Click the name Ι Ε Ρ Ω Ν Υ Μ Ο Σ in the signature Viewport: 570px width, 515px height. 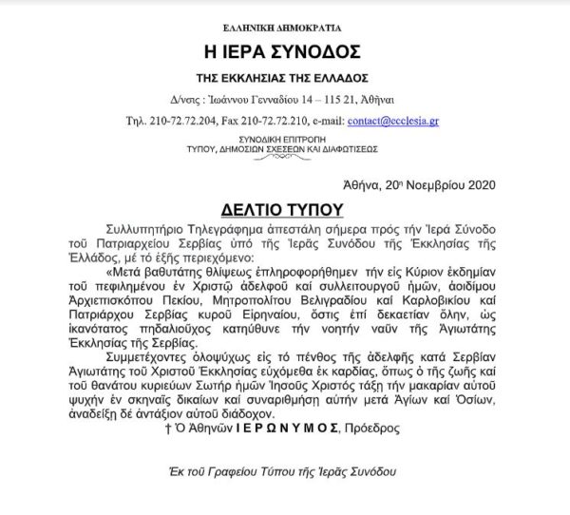point(283,429)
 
